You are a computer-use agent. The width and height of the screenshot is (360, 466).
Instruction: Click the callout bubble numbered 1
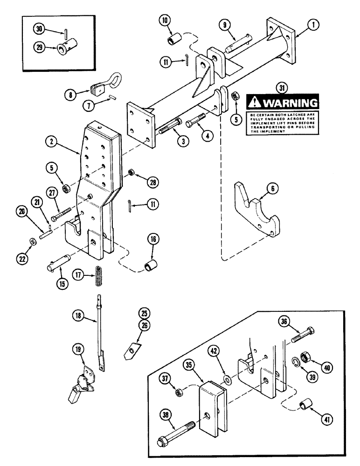pos(300,34)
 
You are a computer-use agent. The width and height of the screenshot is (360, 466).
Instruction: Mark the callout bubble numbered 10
pos(165,22)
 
